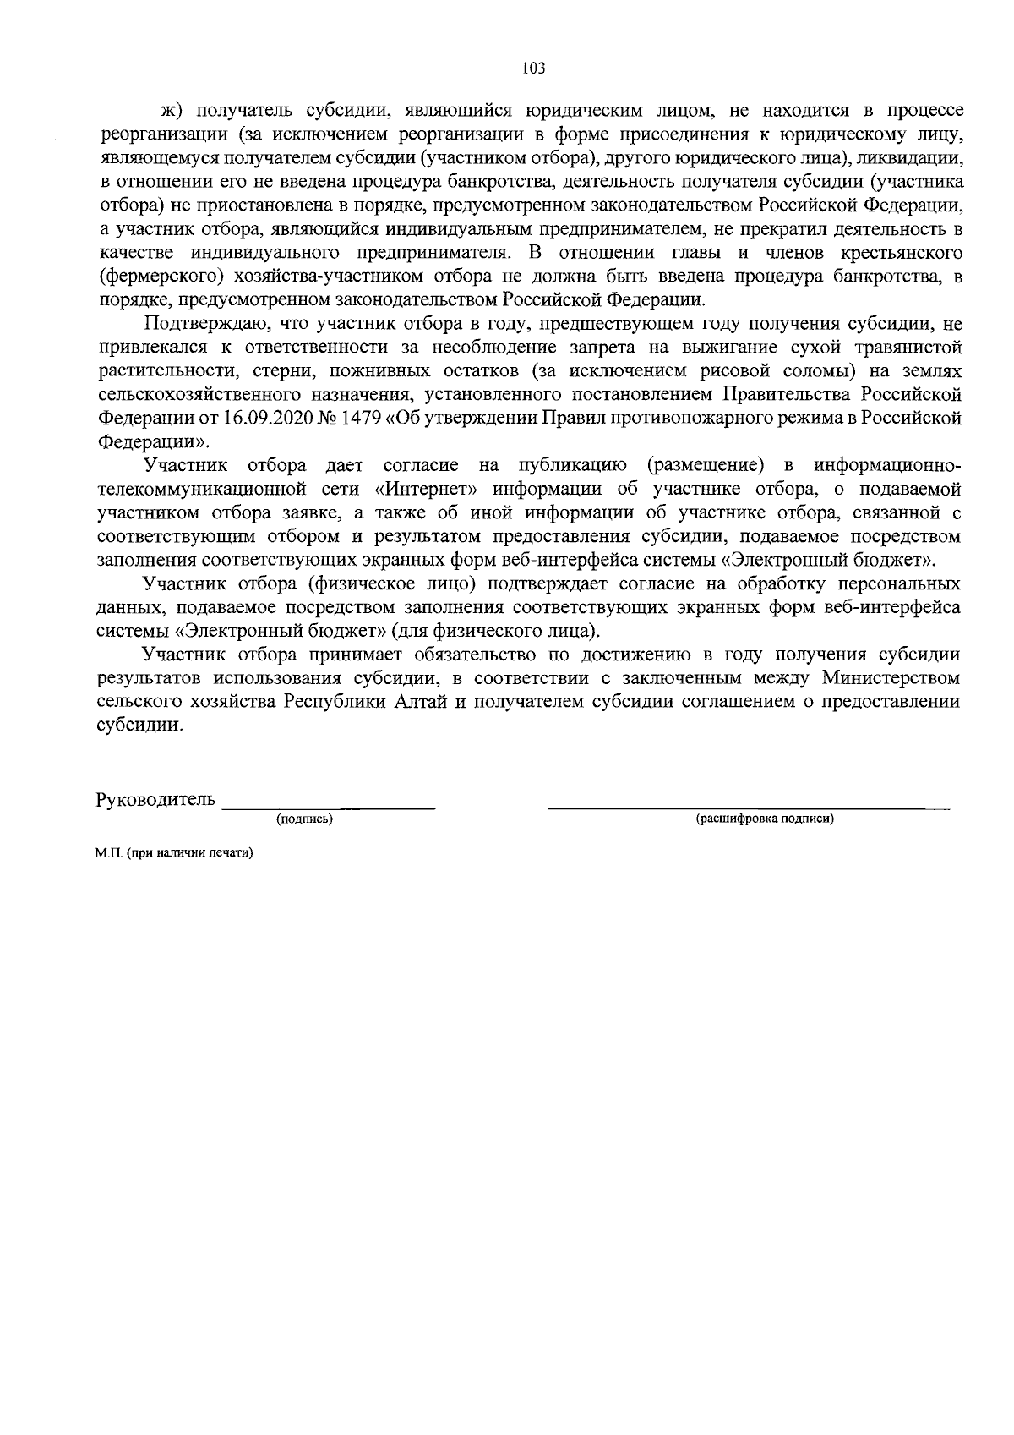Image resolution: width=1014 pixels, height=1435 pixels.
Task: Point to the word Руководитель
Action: click(155, 800)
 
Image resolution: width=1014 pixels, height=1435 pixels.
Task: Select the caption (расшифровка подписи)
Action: click(765, 819)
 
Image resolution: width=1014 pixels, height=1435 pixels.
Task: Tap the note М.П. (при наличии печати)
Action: click(174, 853)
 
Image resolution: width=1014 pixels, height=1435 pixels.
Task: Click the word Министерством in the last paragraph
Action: click(891, 678)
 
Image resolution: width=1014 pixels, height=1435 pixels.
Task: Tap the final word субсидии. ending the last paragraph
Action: click(139, 726)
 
